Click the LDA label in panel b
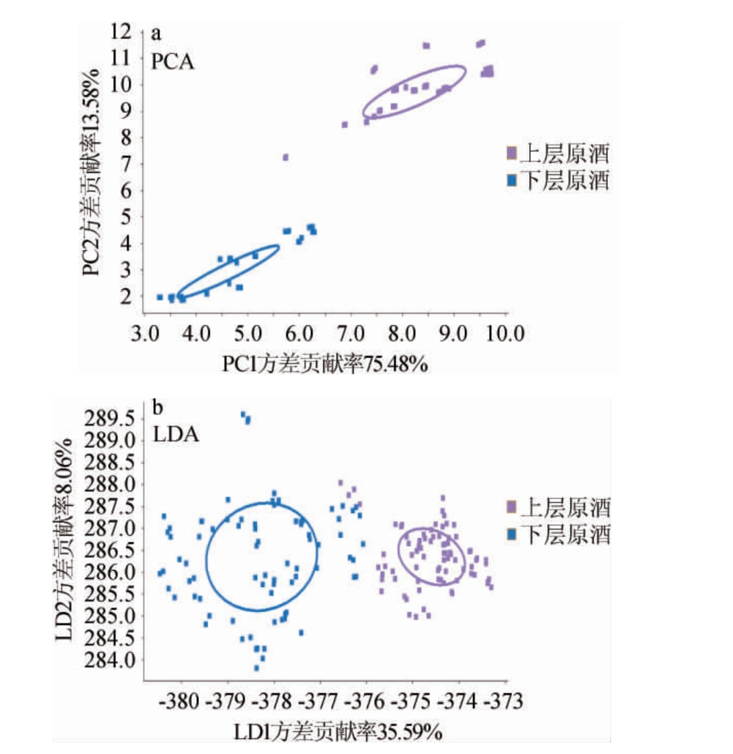(176, 434)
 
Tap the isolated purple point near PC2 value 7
(285, 157)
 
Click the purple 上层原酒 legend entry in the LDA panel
(557, 507)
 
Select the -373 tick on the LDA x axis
(506, 703)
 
